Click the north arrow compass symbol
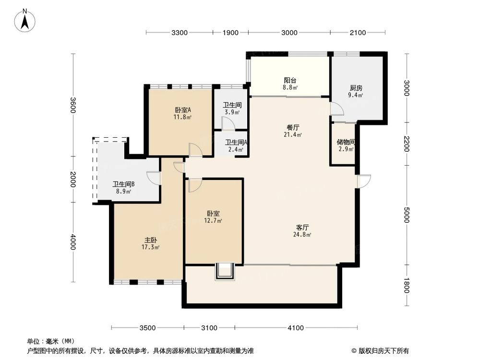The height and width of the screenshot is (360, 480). click(27, 21)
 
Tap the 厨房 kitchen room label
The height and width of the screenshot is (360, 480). click(356, 88)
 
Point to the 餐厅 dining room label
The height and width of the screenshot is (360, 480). click(293, 128)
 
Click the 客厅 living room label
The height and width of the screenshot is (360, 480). click(302, 227)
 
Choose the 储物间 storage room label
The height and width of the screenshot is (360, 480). click(346, 142)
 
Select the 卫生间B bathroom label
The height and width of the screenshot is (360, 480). click(123, 184)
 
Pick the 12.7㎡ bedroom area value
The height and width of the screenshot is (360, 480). click(214, 221)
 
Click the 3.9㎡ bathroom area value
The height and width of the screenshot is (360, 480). click(232, 112)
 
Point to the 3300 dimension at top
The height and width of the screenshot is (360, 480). click(179, 33)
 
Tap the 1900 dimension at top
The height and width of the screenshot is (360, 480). click(230, 33)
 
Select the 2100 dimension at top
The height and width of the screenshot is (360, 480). click(358, 33)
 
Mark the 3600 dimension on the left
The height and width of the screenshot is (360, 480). click(73, 105)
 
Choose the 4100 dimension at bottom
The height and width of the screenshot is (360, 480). click(296, 328)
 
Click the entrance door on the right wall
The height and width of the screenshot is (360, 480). click(363, 181)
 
